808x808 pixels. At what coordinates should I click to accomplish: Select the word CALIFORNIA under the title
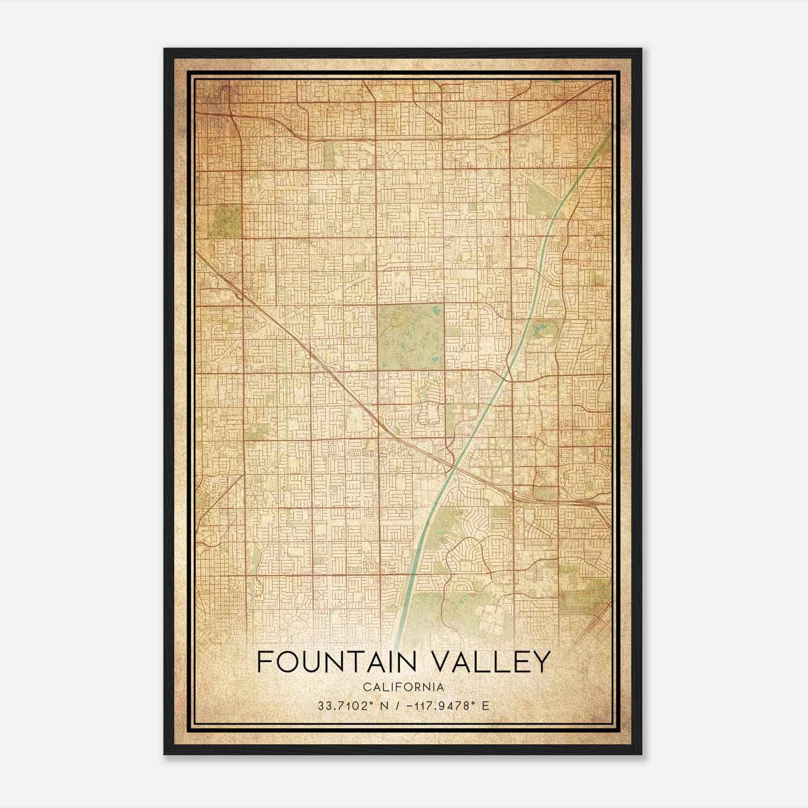403,687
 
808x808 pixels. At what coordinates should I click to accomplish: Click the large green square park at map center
411,337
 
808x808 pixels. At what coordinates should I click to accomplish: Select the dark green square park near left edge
227,220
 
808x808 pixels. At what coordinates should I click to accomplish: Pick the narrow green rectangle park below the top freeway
329,155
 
